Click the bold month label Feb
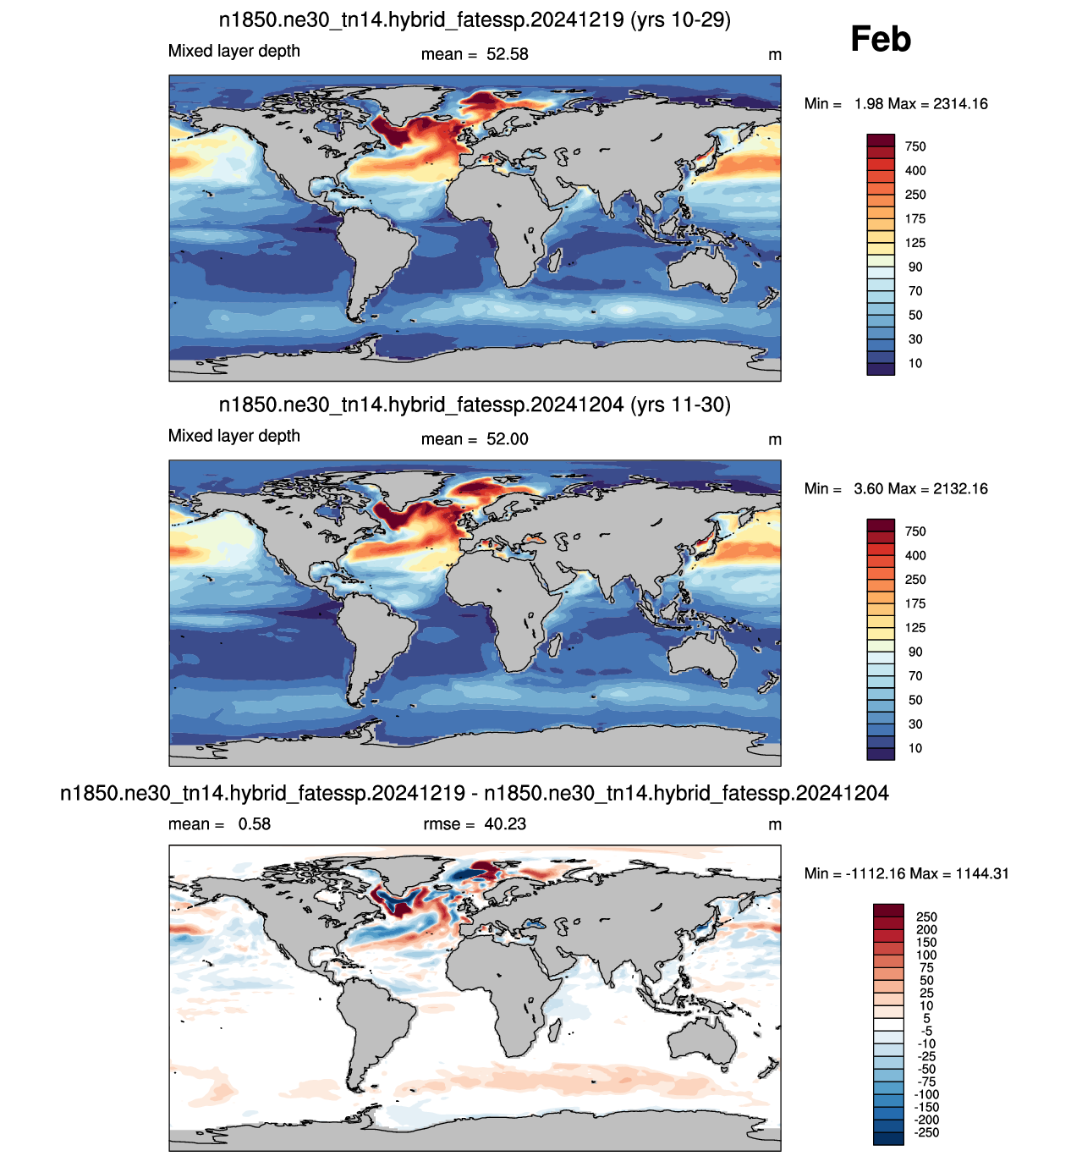point(880,39)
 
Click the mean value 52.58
point(507,54)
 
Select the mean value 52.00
point(507,439)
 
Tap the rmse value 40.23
point(504,823)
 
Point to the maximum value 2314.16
point(960,103)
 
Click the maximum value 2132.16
point(960,488)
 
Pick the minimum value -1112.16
point(876,873)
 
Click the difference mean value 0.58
point(255,823)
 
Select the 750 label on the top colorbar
point(915,146)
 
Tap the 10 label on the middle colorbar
point(915,748)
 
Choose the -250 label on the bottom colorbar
point(926,1132)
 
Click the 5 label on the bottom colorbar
point(926,1018)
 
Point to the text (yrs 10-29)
point(680,19)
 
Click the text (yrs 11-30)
point(680,405)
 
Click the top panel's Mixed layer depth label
point(234,52)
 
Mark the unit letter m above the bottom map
point(774,825)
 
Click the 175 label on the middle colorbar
point(915,603)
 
